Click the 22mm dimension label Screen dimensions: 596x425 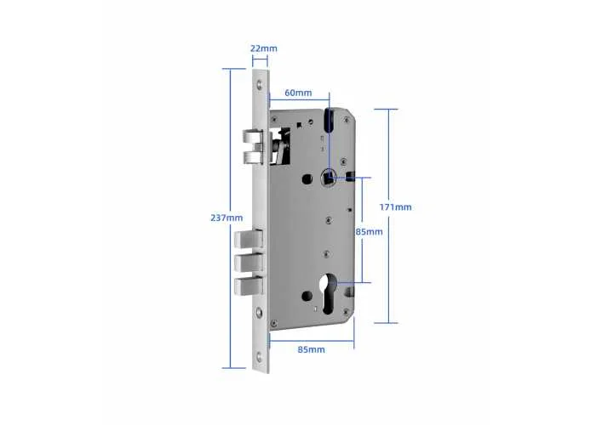[x=263, y=48]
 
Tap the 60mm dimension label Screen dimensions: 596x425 [x=298, y=93]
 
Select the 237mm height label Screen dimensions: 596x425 [x=226, y=218]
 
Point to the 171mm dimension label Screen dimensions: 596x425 [x=395, y=207]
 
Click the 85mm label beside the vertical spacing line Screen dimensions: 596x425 [x=369, y=231]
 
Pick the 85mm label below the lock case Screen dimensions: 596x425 [x=311, y=349]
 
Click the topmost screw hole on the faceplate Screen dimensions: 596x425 [x=260, y=84]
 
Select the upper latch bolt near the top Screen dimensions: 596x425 [x=253, y=136]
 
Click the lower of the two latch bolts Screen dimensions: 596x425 [x=254, y=157]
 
